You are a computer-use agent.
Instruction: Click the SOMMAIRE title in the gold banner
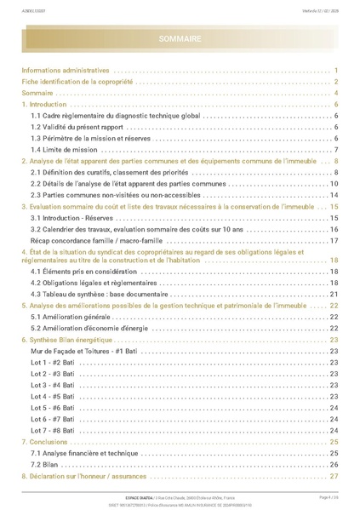point(180,39)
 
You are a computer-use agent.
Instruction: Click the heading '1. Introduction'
point(49,104)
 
